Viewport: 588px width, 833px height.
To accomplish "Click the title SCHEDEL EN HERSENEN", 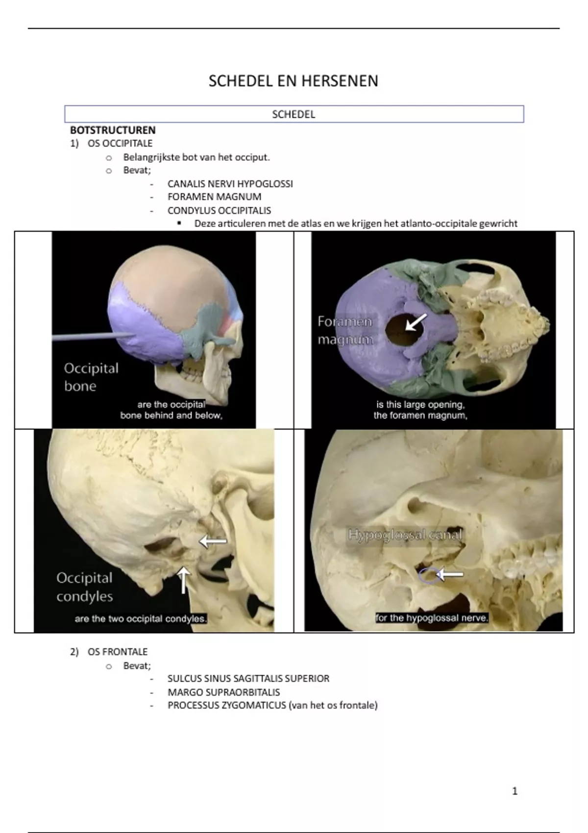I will tap(293, 81).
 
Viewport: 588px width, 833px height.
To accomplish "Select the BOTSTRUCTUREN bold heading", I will tap(113, 130).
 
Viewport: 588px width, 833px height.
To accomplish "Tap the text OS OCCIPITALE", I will tap(120, 143).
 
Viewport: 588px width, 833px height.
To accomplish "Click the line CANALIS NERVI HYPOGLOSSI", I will tap(230, 184).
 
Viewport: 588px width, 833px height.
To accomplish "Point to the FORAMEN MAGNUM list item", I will tap(214, 197).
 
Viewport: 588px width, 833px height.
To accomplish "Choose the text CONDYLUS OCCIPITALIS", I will tap(219, 210).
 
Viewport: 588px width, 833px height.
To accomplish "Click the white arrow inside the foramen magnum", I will tap(416, 322).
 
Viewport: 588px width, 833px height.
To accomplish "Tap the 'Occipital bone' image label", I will tap(91, 377).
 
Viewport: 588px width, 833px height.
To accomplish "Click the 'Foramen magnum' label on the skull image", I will tap(345, 330).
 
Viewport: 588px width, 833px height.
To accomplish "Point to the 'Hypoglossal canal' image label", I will tap(405, 535).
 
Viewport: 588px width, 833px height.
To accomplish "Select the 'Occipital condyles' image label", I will tap(84, 587).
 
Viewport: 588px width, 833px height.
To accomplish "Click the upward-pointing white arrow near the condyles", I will tap(184, 580).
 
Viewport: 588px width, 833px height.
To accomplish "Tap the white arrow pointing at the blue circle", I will tap(450, 574).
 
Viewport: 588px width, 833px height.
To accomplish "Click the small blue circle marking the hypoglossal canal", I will tap(429, 575).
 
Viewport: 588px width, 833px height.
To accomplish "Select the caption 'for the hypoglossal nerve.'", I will tap(432, 618).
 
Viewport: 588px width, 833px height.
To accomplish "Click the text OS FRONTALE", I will tap(117, 652).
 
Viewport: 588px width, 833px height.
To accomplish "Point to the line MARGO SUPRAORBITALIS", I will tap(223, 692).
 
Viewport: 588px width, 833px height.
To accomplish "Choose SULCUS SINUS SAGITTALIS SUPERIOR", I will tap(248, 679).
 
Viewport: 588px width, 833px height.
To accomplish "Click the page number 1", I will tap(514, 791).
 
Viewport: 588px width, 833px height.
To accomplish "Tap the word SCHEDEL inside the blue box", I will tap(294, 114).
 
